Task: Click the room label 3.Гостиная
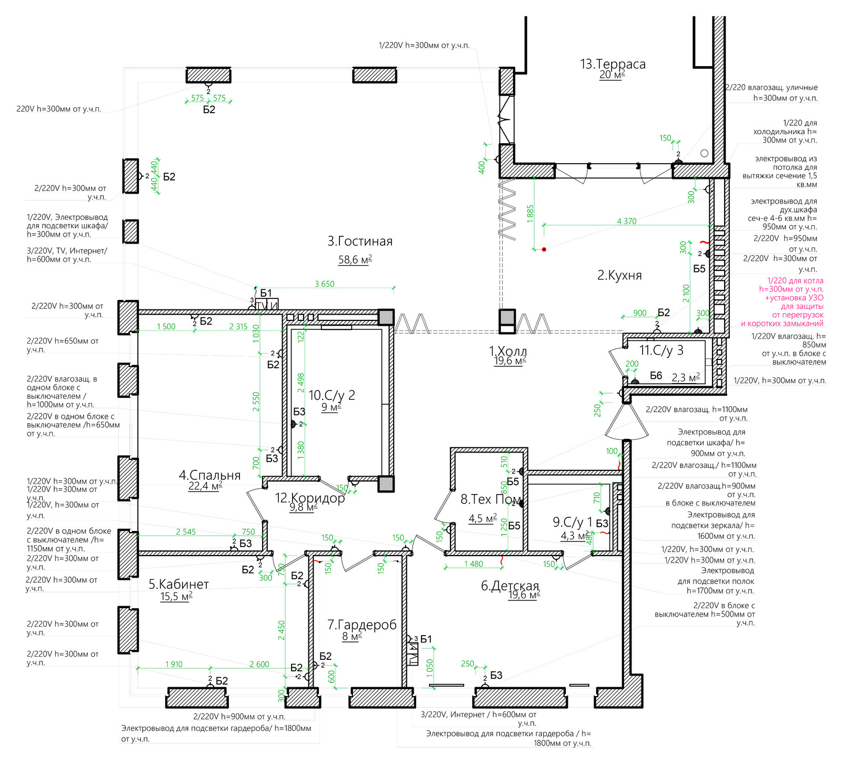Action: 360,242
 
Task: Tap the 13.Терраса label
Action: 613,64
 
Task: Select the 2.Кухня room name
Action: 619,275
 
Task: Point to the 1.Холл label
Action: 508,351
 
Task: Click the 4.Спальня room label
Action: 209,475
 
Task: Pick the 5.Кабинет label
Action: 179,584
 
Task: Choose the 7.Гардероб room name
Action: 362,625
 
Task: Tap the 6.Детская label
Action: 510,586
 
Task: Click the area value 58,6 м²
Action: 355,259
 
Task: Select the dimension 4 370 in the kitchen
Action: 626,222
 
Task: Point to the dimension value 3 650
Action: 325,284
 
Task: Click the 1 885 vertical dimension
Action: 530,214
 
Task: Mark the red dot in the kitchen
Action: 544,249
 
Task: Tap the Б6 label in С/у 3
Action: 656,376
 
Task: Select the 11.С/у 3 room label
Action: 661,350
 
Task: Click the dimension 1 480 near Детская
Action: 474,564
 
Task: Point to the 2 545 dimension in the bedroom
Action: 186,532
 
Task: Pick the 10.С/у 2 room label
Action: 332,395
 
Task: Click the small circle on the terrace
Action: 705,153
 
